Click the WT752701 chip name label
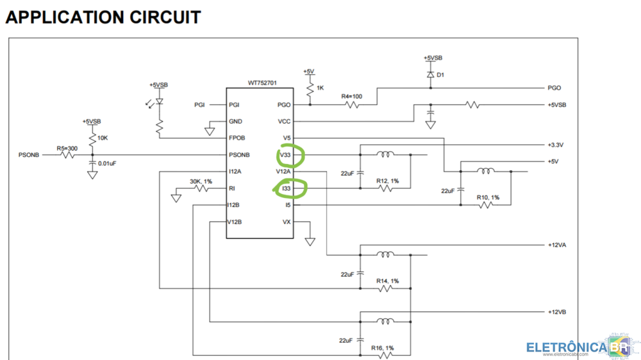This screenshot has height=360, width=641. pos(262,83)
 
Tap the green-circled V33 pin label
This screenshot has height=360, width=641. pos(285,155)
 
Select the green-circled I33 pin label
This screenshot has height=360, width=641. pos(286,188)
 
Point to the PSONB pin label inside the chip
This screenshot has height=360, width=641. pos(239,155)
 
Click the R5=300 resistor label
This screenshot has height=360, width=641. pos(67,149)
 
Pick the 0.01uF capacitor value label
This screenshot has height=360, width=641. pos(107,163)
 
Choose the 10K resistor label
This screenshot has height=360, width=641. pos(103,138)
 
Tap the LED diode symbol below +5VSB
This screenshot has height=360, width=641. pos(160,101)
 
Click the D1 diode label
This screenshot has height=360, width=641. pos(440,75)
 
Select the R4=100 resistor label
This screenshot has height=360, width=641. pos(351,97)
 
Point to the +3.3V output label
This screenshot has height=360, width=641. pos(556,145)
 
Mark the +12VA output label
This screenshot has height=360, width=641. pos(557,245)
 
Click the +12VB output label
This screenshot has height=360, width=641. pos(557,312)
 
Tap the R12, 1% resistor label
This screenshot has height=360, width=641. pos(388,181)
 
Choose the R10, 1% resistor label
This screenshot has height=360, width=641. pos(488,197)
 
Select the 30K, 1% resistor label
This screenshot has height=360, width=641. pos(201,181)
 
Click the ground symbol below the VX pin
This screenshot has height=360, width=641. pos(310,242)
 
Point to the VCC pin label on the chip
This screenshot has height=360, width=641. pos(284,121)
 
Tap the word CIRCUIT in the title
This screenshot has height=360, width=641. pos(165,17)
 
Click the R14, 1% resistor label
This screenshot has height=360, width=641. pos(388,281)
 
